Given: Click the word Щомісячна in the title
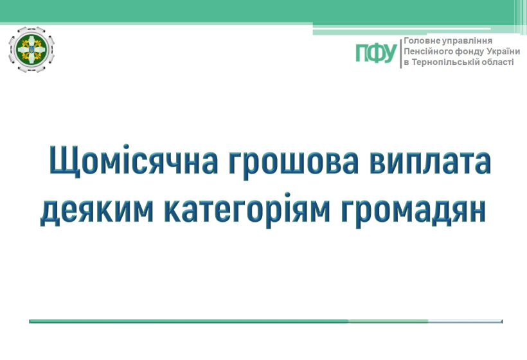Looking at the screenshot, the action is coord(134,160).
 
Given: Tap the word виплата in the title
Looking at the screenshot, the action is coord(430,161).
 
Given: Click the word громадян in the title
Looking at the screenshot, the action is coord(413,212).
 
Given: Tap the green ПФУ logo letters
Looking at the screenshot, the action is coord(376,53).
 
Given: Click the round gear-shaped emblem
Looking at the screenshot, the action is coord(31,50).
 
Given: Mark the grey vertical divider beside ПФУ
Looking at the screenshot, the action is coord(400,54).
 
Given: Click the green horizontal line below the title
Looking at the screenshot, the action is coord(265,321).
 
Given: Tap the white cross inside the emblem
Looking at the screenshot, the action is coord(31,50).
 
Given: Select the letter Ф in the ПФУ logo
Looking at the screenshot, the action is coord(377,53).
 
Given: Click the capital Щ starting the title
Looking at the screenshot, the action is coord(64,161).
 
